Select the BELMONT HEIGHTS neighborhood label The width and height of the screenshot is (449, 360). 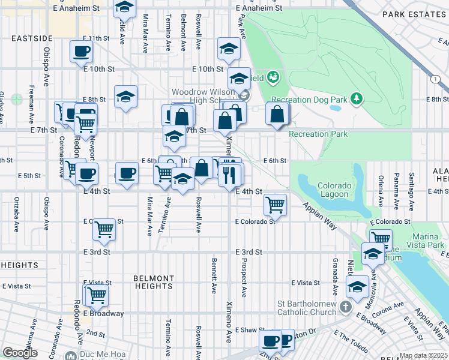(154, 282)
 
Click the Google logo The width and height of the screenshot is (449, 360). (20, 353)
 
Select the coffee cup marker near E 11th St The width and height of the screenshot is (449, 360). (81, 51)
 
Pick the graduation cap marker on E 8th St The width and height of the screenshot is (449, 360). (126, 95)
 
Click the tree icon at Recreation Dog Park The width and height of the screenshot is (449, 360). (357, 98)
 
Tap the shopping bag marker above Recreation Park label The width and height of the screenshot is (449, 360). (277, 113)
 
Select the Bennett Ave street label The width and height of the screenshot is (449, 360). (213, 275)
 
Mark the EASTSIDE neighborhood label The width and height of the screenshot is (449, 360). (31, 38)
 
